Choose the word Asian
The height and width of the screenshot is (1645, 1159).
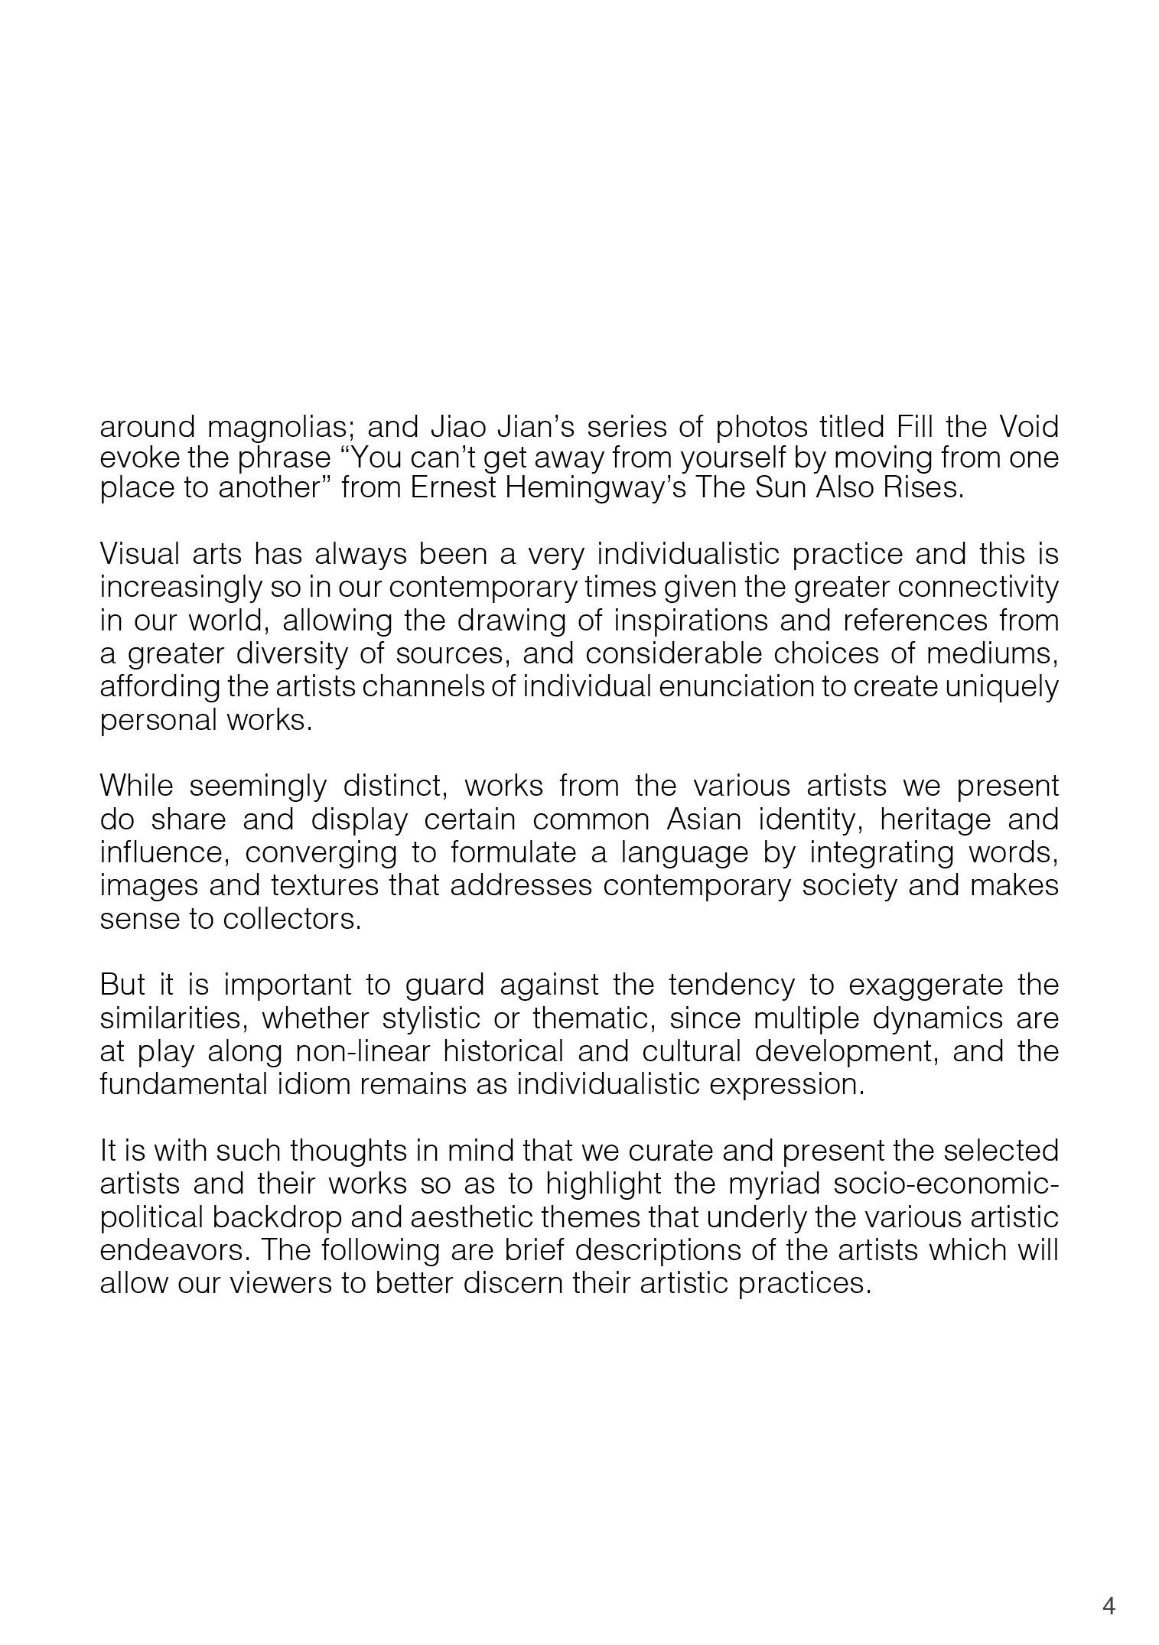pos(704,819)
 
